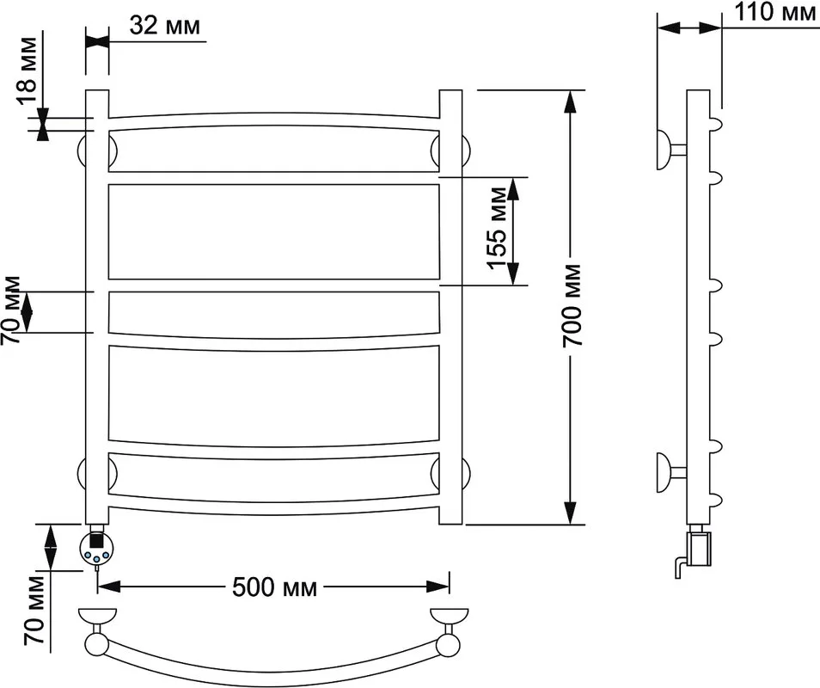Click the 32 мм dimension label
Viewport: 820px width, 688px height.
[165, 25]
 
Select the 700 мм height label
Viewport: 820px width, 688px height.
[572, 305]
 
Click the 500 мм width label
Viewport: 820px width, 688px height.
[274, 587]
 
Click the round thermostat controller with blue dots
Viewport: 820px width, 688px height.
[95, 549]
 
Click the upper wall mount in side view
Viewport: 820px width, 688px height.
[670, 150]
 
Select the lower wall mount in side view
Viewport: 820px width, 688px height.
[670, 472]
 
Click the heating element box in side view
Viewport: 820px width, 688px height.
[699, 548]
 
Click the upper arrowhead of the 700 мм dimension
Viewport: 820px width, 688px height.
[570, 101]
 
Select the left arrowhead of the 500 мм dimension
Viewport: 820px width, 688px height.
[109, 587]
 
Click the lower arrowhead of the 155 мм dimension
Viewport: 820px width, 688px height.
[513, 274]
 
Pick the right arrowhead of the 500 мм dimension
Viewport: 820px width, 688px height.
[438, 587]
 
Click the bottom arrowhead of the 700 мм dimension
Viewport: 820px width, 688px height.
[570, 513]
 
